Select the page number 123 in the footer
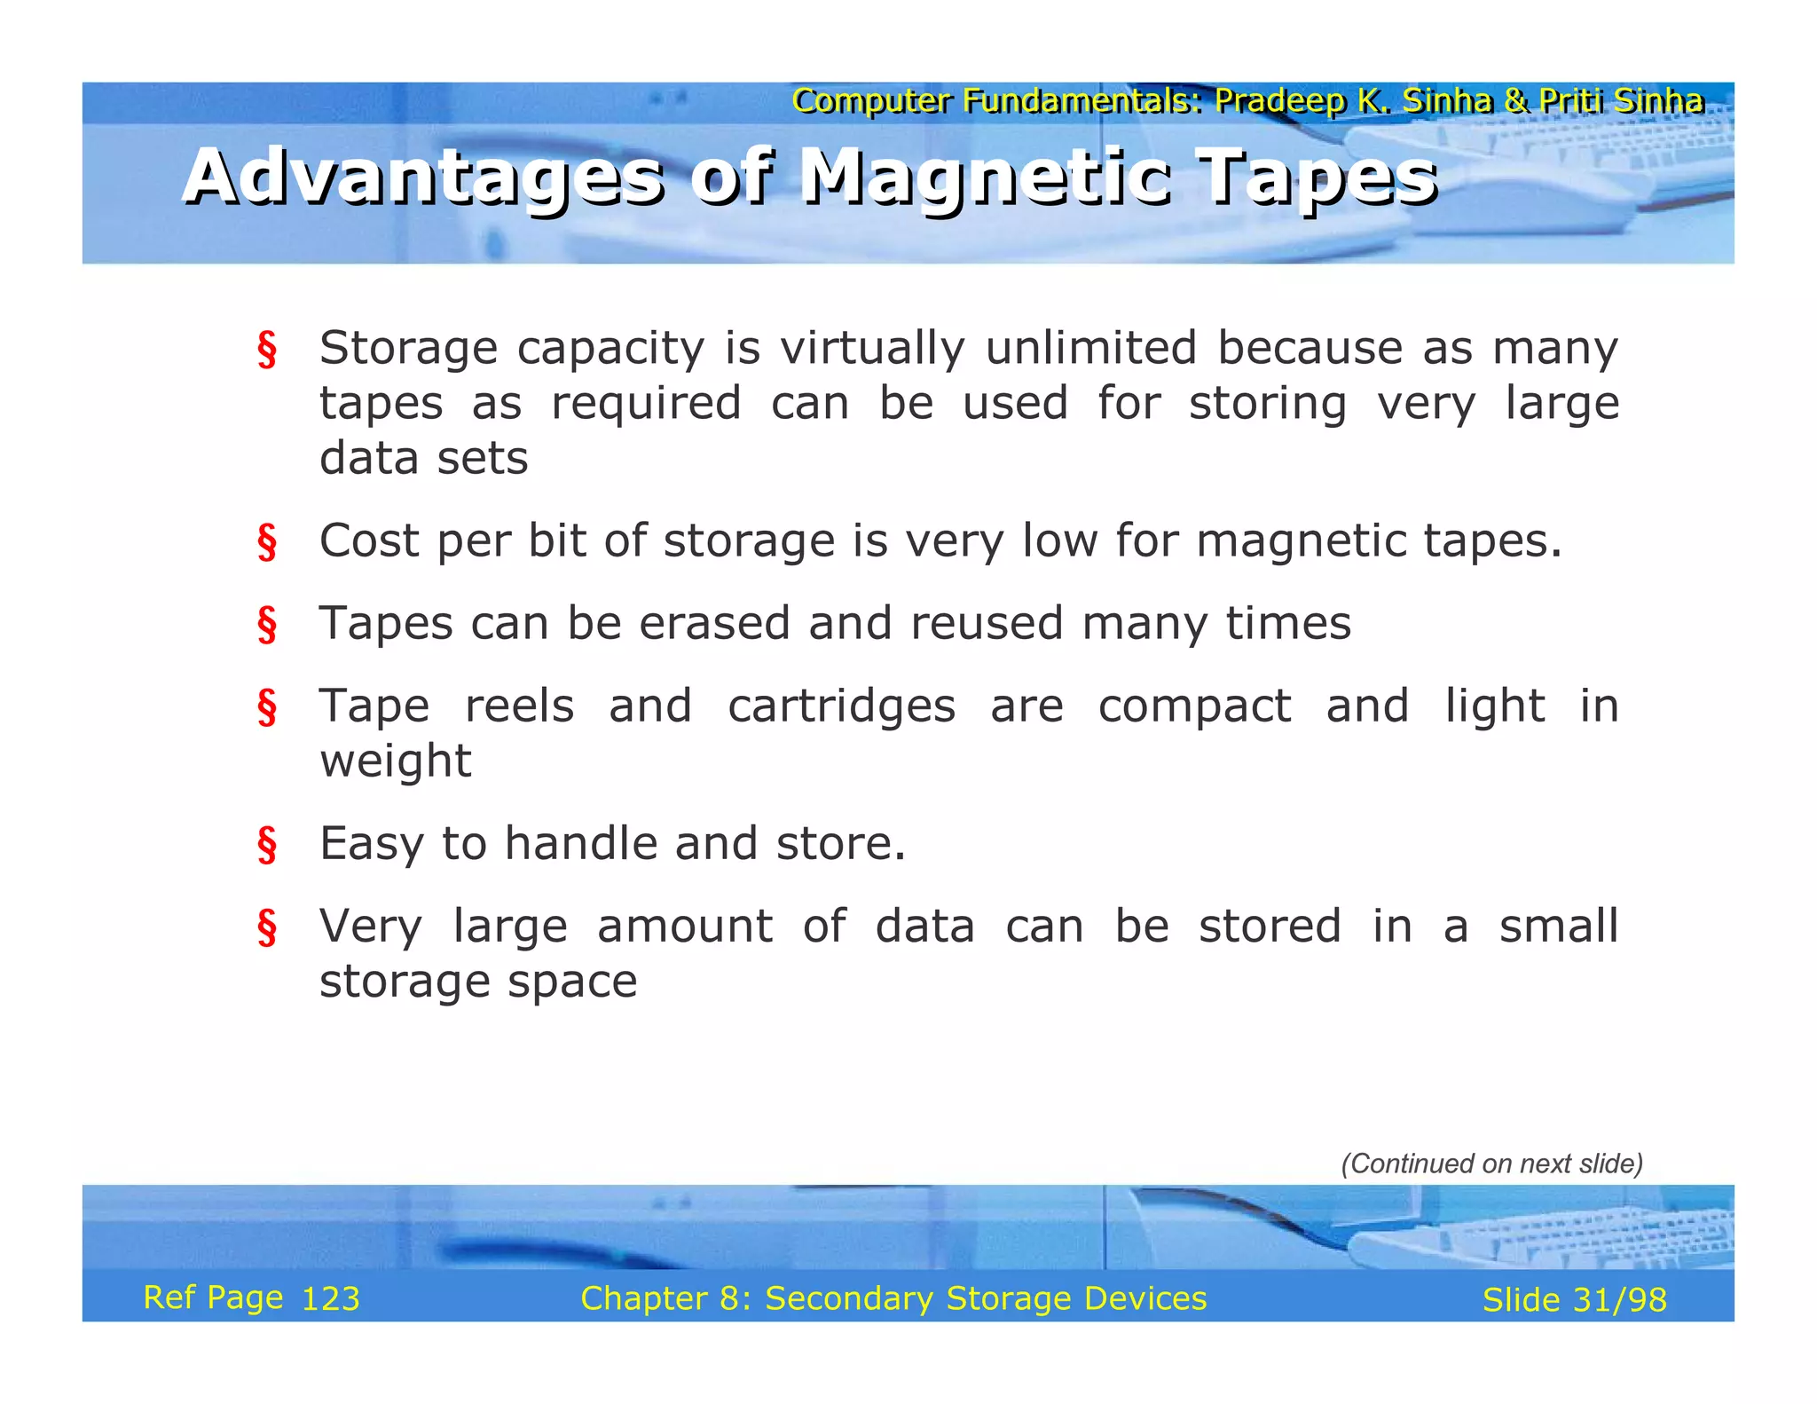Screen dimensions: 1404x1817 (331, 1299)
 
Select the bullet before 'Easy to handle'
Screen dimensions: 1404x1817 (267, 845)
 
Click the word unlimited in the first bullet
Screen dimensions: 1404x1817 (1091, 347)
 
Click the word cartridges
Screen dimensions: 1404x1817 (842, 706)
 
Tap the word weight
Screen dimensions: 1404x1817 (396, 761)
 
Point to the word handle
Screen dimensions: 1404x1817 (581, 843)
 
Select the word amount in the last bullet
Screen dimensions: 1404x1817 (685, 927)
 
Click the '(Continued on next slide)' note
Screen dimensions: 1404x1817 (1491, 1163)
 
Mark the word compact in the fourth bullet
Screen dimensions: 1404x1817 (1194, 707)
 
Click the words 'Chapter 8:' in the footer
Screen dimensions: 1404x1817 (666, 1298)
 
